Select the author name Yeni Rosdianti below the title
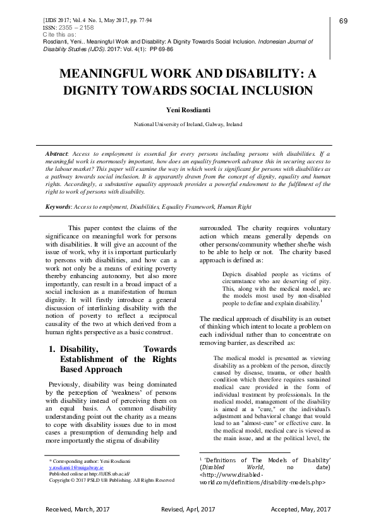pos(187,109)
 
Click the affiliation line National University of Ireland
pos(187,125)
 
